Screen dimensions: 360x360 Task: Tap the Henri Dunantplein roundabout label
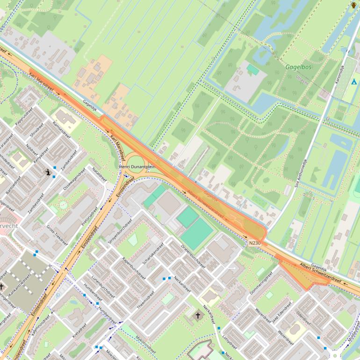(x=137, y=166)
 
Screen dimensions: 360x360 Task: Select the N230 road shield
(x=255, y=243)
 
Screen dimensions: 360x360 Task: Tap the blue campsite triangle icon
(x=353, y=82)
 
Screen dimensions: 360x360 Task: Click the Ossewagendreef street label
(x=74, y=179)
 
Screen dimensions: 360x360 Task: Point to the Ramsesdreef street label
(x=61, y=129)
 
